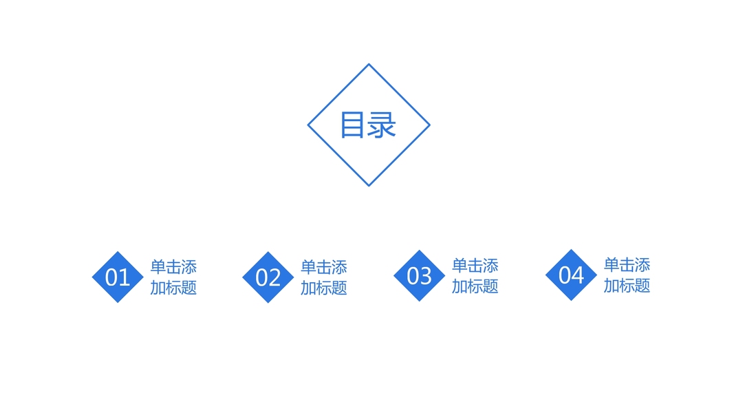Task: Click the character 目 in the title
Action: (x=352, y=125)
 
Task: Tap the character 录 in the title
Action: (x=382, y=125)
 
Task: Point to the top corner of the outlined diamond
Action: (x=369, y=65)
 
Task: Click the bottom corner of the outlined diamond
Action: (x=369, y=186)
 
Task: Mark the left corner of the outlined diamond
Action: (x=308, y=125)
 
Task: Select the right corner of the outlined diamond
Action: (x=429, y=125)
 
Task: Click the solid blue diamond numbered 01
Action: (x=118, y=277)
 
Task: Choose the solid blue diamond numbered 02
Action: (x=268, y=277)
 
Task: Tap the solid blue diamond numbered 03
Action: (x=419, y=275)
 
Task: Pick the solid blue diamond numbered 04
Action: (x=571, y=275)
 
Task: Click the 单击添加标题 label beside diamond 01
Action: (x=173, y=277)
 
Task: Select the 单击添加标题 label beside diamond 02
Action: (x=323, y=277)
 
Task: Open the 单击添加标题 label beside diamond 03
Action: (x=475, y=276)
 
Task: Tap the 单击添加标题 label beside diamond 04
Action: (x=627, y=275)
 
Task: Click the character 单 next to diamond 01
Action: (x=158, y=267)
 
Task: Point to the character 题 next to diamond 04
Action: (x=643, y=286)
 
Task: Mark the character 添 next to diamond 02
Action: (x=339, y=267)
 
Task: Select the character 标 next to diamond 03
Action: (x=475, y=286)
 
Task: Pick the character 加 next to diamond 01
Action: (x=158, y=288)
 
